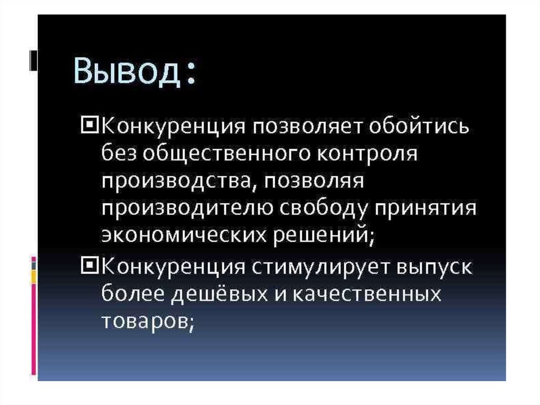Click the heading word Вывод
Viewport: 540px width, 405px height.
click(127, 71)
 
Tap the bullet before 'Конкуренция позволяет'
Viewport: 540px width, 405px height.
click(90, 125)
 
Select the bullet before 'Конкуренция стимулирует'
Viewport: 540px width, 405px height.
click(90, 266)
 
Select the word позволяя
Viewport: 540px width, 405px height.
click(313, 182)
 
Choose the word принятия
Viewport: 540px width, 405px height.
click(426, 210)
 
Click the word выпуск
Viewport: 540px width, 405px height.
click(435, 267)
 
